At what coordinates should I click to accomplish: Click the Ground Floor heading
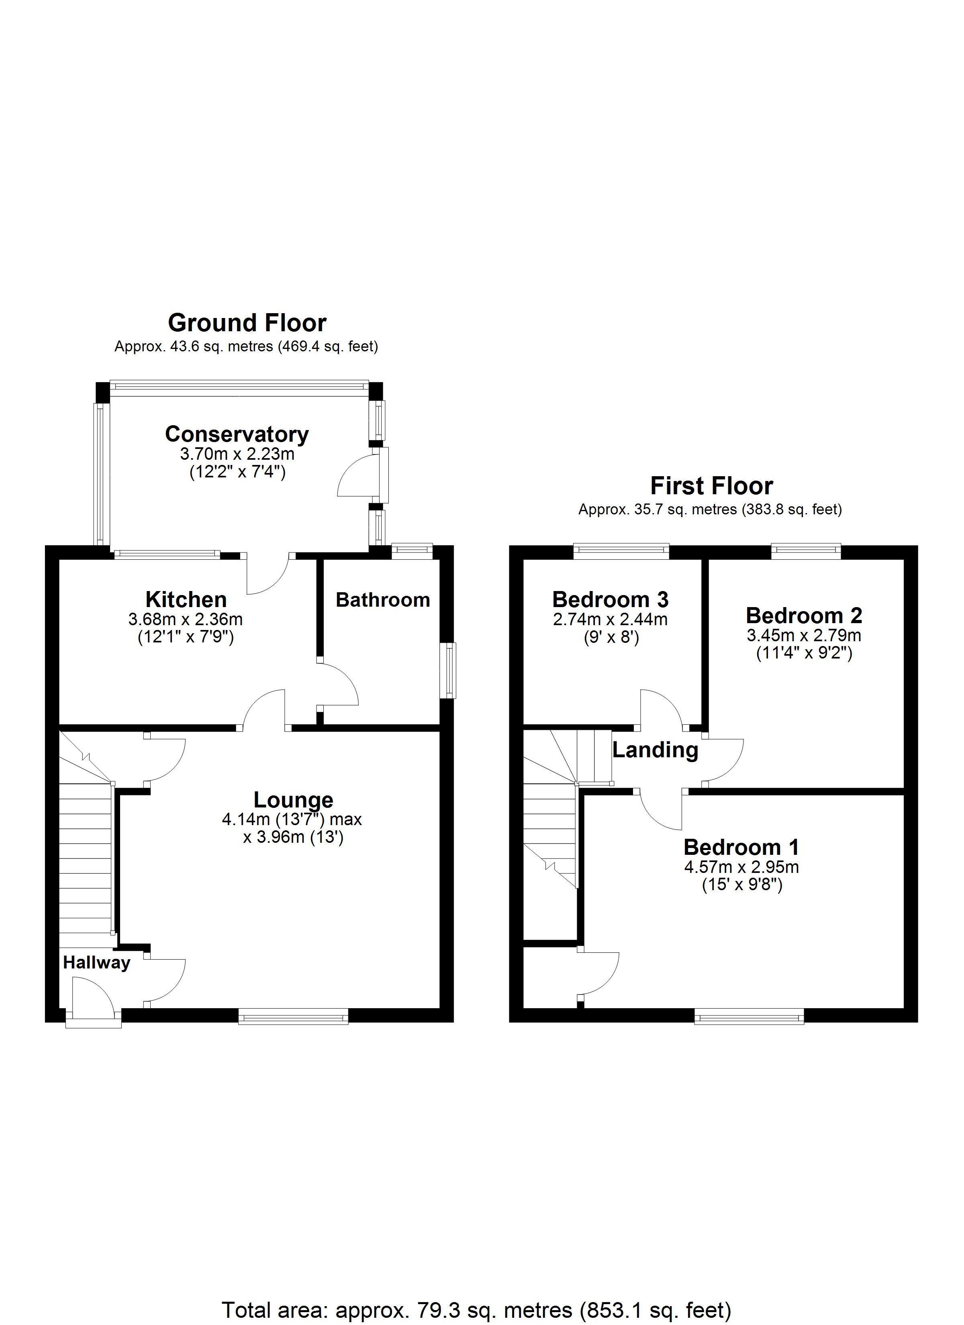pyautogui.click(x=247, y=323)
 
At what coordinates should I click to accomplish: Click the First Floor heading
pyautogui.click(x=711, y=486)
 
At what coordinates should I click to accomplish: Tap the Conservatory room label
pyautogui.click(x=237, y=434)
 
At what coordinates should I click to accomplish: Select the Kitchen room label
pyautogui.click(x=186, y=599)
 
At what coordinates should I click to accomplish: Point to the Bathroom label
pyautogui.click(x=383, y=600)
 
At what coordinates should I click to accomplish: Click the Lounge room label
pyautogui.click(x=294, y=800)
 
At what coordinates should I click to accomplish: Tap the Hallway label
pyautogui.click(x=96, y=963)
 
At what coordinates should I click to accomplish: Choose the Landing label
pyautogui.click(x=656, y=750)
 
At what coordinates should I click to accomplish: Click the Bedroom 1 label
pyautogui.click(x=741, y=847)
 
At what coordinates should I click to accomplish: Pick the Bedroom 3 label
pyautogui.click(x=610, y=599)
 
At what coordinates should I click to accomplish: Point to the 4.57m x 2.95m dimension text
pyautogui.click(x=741, y=867)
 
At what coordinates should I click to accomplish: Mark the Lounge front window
pyautogui.click(x=294, y=1018)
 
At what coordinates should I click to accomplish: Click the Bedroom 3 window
pyautogui.click(x=621, y=550)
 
